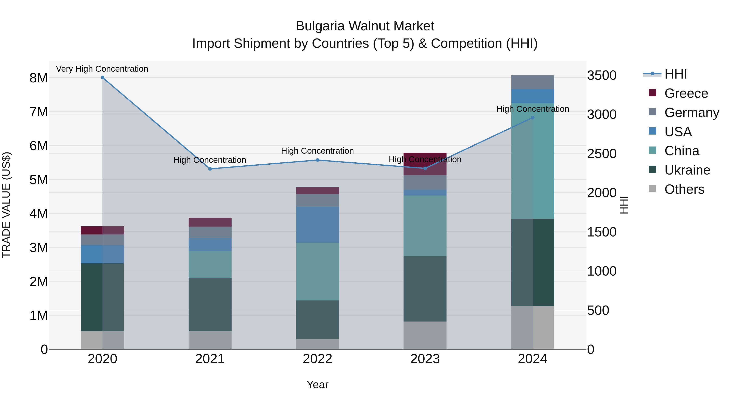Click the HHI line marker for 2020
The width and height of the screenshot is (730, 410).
pyautogui.click(x=102, y=78)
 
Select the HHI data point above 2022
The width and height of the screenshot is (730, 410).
pyautogui.click(x=317, y=160)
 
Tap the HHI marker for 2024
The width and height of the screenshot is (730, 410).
pyautogui.click(x=532, y=118)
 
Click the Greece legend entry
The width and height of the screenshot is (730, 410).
pyautogui.click(x=686, y=93)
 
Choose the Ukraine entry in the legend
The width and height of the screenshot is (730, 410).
pyautogui.click(x=687, y=170)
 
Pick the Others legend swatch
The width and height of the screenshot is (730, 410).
pyautogui.click(x=652, y=189)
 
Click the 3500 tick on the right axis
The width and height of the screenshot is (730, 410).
pyautogui.click(x=602, y=76)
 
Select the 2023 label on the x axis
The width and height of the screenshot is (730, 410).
pyautogui.click(x=425, y=359)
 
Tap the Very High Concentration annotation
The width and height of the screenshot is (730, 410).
pyautogui.click(x=102, y=69)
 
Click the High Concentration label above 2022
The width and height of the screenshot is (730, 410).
pyautogui.click(x=317, y=151)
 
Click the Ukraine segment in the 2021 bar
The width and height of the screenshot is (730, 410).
pyautogui.click(x=210, y=305)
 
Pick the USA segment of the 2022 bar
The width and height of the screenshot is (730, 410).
pyautogui.click(x=317, y=225)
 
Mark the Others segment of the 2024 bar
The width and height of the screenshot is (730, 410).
pyautogui.click(x=532, y=327)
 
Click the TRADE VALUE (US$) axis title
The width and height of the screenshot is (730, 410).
pyautogui.click(x=6, y=205)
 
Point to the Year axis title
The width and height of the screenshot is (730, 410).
pyautogui.click(x=317, y=384)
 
